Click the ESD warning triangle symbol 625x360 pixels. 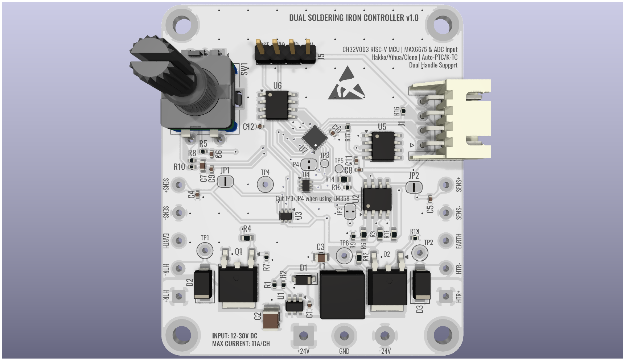pyautogui.click(x=346, y=84)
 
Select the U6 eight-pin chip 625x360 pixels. pyautogui.click(x=277, y=105)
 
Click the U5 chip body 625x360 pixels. pyautogui.click(x=383, y=146)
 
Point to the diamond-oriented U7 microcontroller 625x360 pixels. pyautogui.click(x=314, y=137)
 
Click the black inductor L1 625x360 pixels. pyautogui.click(x=342, y=294)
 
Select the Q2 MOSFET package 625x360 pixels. pyautogui.click(x=387, y=286)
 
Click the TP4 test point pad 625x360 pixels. pyautogui.click(x=265, y=185)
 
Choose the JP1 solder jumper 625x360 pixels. pyautogui.click(x=225, y=181)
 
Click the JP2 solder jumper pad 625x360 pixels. pyautogui.click(x=414, y=187)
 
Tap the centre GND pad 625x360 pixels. pyautogui.click(x=344, y=336)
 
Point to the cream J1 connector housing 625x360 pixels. pyautogui.click(x=468, y=119)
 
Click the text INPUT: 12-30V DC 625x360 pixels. pyautogui.click(x=235, y=336)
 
